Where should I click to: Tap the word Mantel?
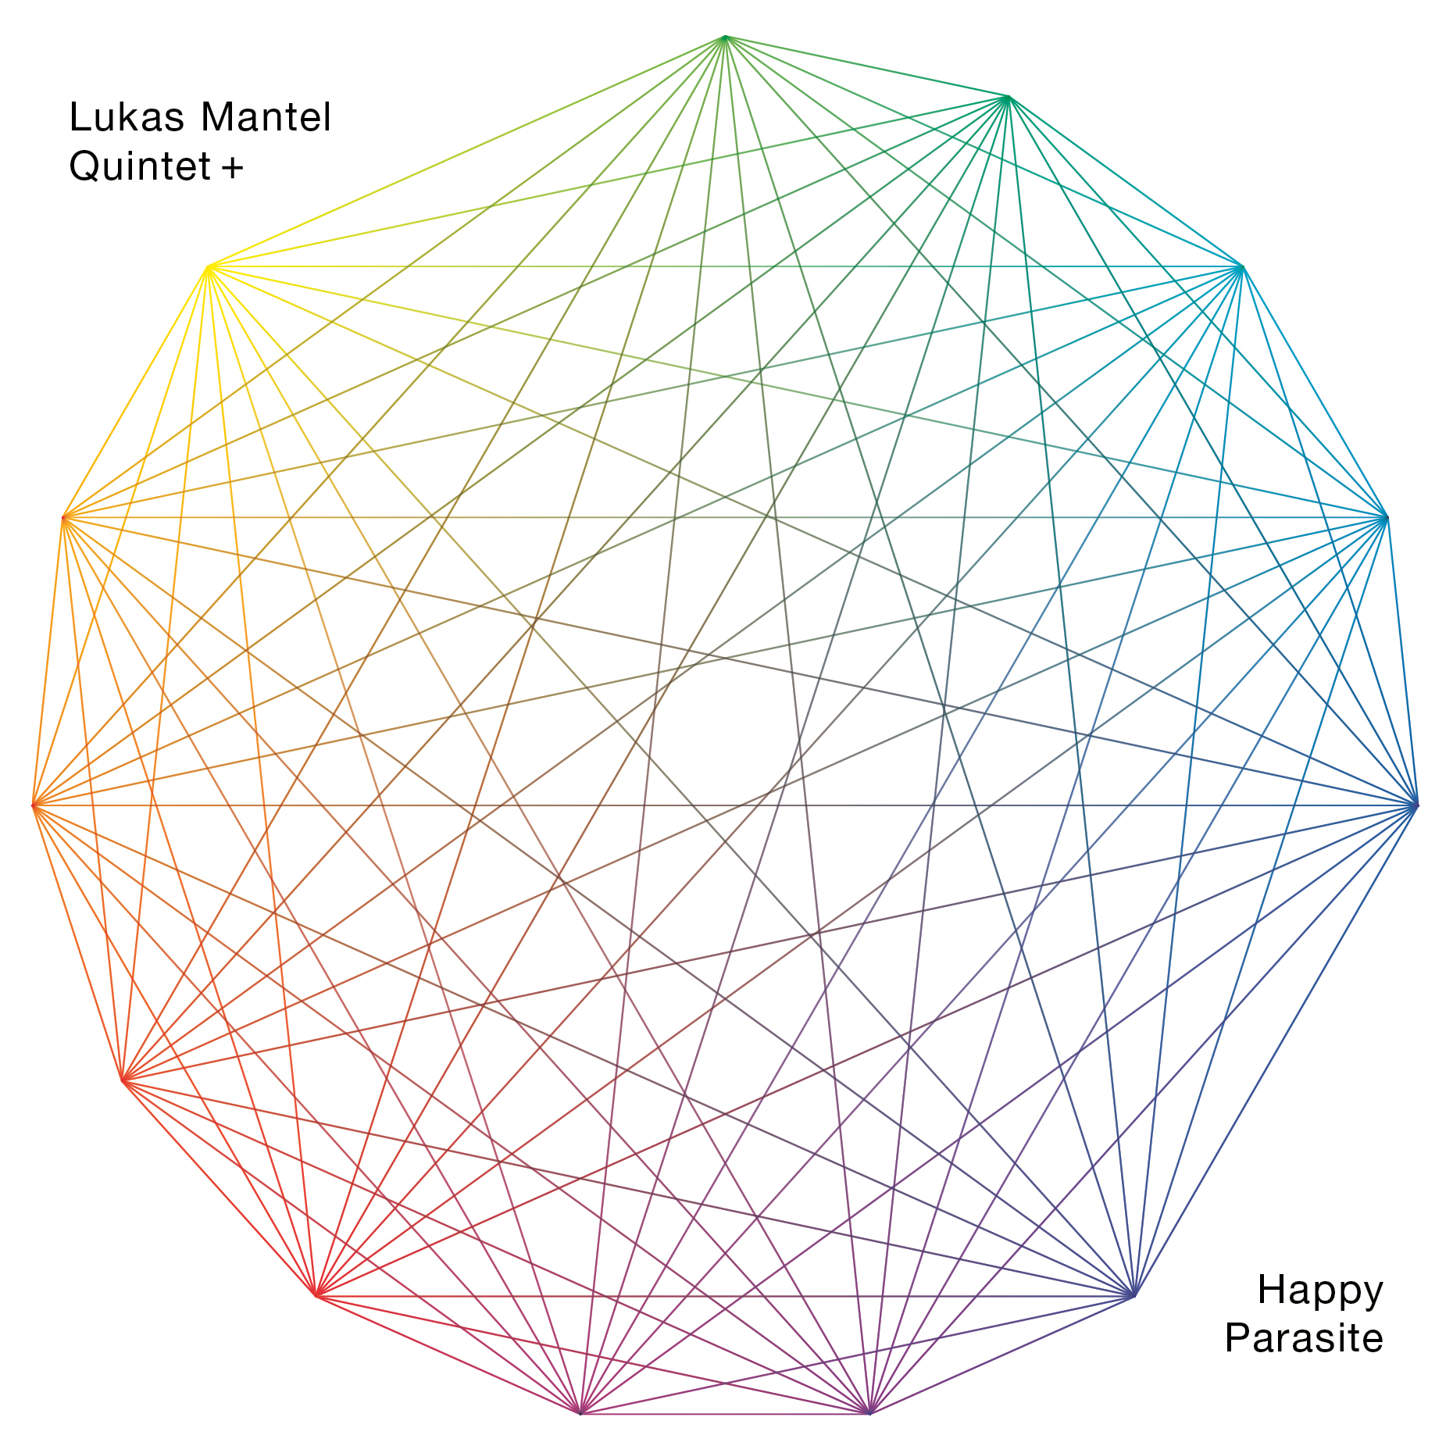pos(266,118)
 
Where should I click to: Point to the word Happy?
pos(1320,1291)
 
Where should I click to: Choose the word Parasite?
pos(1304,1338)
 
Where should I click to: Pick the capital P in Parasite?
pos(1238,1338)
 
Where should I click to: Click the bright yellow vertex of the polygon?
pos(208,267)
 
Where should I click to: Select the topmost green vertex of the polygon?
pos(726,37)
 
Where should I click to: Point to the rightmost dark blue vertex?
pos(1416,805)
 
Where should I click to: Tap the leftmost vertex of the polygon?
pos(34,805)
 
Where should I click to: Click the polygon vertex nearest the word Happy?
pos(1134,1297)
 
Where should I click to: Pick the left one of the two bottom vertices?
pos(580,1413)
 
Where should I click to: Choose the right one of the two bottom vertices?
pos(869,1413)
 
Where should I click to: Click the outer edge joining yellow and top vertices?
pos(466,152)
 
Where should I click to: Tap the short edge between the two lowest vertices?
pos(725,1413)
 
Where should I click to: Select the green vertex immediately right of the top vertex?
pos(1009,98)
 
